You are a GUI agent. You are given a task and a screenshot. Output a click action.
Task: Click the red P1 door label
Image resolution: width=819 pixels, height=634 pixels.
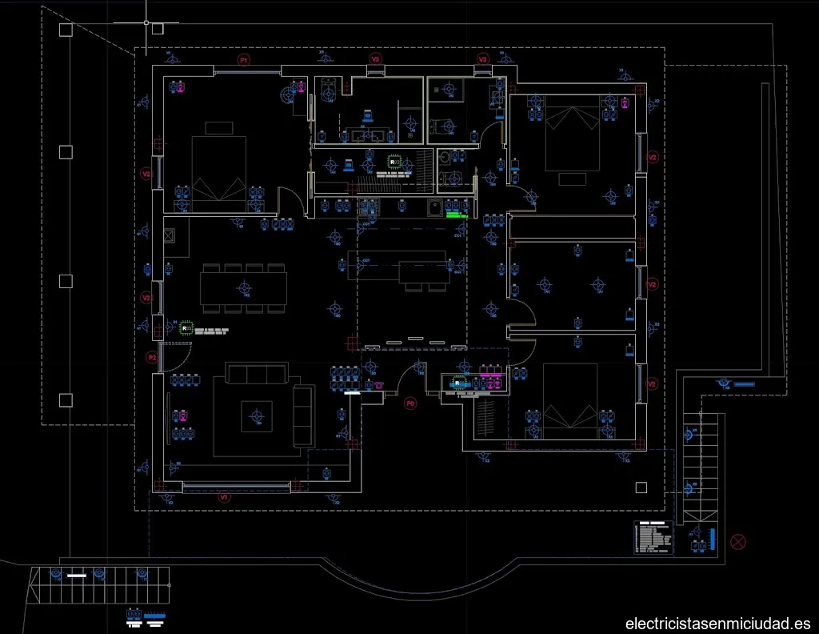244,59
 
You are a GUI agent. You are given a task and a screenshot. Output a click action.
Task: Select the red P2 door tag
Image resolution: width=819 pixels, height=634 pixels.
151,358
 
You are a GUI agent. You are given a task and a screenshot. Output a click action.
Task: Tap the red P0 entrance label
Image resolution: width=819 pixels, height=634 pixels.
410,403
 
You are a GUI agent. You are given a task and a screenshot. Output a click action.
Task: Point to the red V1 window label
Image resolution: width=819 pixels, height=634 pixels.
225,497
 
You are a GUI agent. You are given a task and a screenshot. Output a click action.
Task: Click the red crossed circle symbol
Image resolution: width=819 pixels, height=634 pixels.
737,541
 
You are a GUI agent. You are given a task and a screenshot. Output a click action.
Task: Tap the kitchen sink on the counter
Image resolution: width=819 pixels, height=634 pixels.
434,209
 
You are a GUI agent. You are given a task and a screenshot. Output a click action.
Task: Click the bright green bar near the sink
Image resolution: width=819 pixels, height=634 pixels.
457,215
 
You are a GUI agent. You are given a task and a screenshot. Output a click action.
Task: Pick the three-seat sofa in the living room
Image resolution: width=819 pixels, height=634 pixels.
256,373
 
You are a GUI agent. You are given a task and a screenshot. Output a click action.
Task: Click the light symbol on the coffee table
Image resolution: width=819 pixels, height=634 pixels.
257,415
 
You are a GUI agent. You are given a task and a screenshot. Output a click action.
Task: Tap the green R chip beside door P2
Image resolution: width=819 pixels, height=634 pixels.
186,327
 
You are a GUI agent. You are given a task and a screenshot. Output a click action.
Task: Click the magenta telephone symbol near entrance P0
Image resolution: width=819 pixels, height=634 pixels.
377,384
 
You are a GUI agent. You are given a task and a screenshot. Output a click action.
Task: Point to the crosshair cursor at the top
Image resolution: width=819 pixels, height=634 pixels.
146,22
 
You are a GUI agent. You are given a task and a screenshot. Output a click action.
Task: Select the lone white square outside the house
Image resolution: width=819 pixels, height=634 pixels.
639,488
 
